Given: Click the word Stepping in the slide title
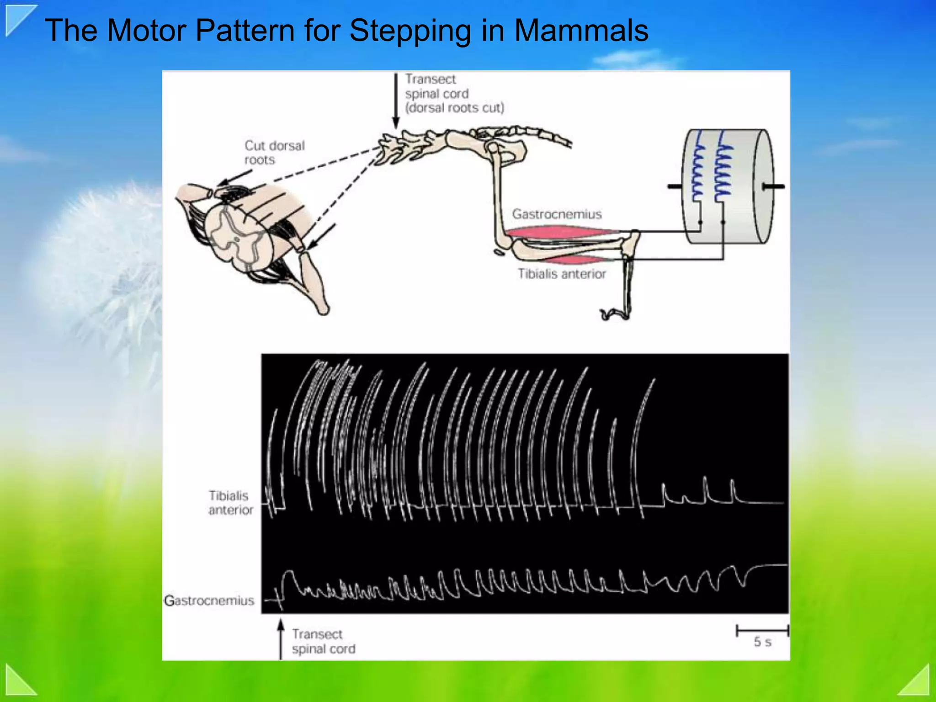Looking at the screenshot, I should [x=409, y=31].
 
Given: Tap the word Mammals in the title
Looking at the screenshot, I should [x=581, y=31].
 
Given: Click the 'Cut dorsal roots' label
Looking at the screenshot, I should [x=274, y=153].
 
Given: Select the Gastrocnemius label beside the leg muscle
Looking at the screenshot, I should [x=556, y=214].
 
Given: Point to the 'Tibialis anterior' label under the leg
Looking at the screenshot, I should [x=562, y=274].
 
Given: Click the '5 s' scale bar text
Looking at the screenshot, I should [x=762, y=642].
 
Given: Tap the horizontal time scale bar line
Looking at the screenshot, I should [x=762, y=631].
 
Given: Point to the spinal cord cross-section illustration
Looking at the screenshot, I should [x=238, y=238].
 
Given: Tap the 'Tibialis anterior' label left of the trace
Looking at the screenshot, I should [x=230, y=503].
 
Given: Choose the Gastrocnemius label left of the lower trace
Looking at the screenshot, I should [x=209, y=601].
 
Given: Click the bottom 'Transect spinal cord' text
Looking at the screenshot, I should [x=323, y=641].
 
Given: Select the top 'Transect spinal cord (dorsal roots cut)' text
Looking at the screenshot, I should [x=454, y=94].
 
